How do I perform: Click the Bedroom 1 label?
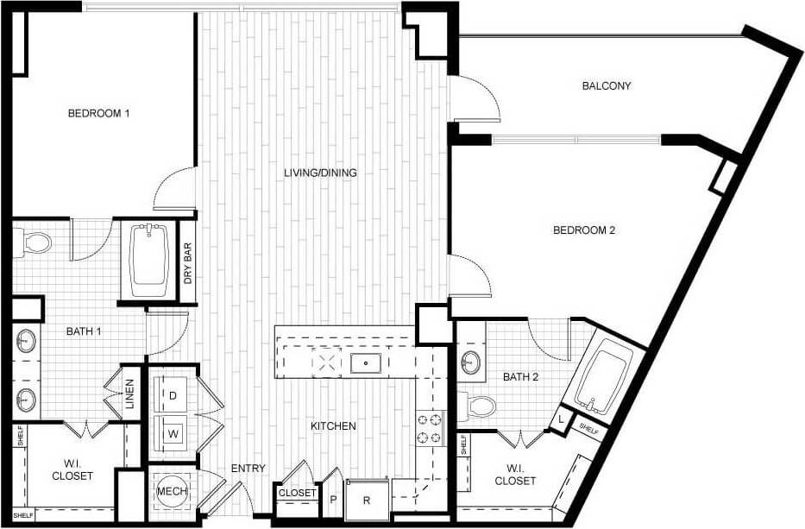(x=98, y=113)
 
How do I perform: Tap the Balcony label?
(x=607, y=85)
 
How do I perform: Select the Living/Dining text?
(x=320, y=173)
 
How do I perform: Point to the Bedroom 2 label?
(x=583, y=230)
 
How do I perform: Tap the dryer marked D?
(x=173, y=395)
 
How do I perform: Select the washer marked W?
(x=173, y=431)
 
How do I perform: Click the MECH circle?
(x=167, y=492)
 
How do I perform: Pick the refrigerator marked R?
(x=366, y=500)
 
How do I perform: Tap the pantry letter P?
(x=333, y=500)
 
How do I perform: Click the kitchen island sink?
(x=367, y=363)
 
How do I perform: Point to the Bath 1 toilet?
(x=34, y=243)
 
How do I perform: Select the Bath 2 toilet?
(x=479, y=405)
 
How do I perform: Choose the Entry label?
(x=248, y=469)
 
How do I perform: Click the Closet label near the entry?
(x=296, y=494)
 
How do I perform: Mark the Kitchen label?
(x=333, y=426)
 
